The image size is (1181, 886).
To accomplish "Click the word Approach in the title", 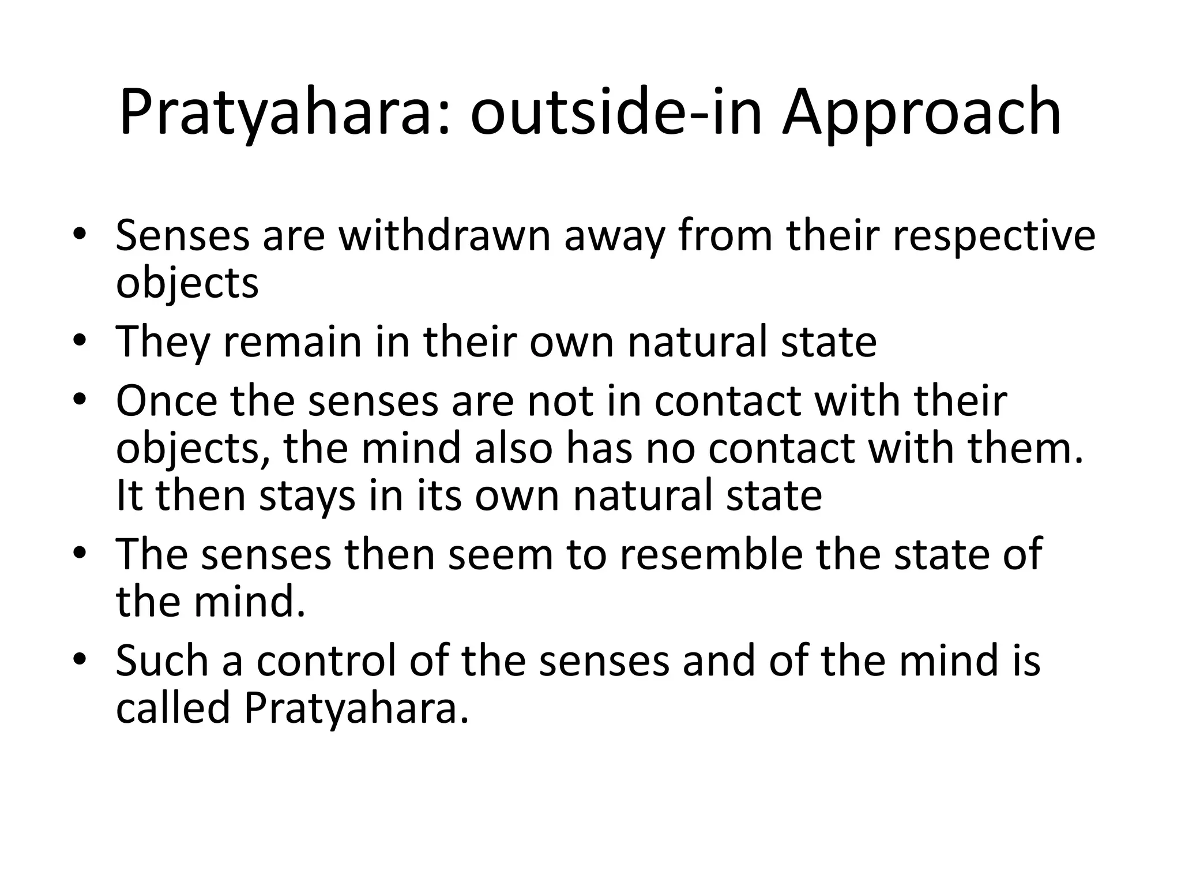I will click(921, 112).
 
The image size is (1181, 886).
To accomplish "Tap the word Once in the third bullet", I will click(167, 400).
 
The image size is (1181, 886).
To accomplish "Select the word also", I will click(513, 448).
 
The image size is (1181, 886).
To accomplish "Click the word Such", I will click(162, 660).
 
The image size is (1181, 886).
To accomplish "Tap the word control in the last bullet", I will click(326, 660).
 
